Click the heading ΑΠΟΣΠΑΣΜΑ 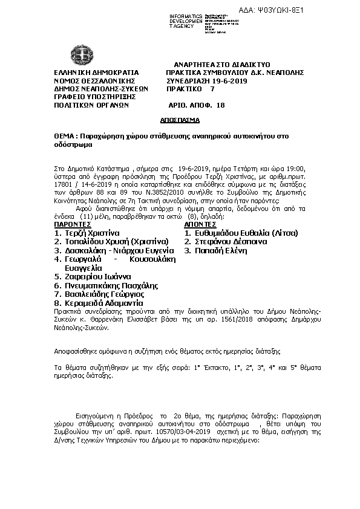coord(180,121)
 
